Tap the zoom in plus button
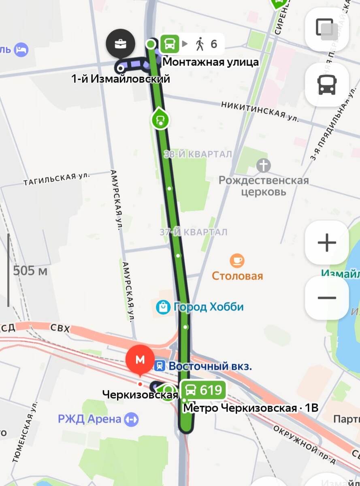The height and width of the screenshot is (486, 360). click(x=327, y=243)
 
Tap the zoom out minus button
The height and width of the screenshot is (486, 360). click(x=327, y=298)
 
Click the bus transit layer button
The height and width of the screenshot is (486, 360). click(x=327, y=85)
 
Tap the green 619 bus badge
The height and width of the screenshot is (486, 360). click(x=203, y=390)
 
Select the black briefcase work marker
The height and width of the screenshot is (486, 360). click(x=120, y=43)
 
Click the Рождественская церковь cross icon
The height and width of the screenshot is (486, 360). click(x=263, y=165)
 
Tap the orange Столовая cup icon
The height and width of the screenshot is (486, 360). click(x=237, y=261)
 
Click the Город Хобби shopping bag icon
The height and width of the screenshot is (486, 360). click(x=163, y=307)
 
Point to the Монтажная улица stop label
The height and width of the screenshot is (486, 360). click(x=210, y=62)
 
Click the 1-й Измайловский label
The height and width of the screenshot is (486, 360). click(x=120, y=79)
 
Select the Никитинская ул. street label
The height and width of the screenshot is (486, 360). click(x=260, y=111)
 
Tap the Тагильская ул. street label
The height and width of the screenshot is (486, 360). click(x=56, y=179)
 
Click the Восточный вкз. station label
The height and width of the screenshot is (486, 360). click(x=210, y=366)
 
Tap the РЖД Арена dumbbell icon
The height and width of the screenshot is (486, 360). click(x=132, y=419)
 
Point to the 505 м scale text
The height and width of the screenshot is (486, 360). click(x=30, y=271)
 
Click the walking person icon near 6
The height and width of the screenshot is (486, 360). click(x=199, y=44)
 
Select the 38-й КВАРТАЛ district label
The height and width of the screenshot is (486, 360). click(x=198, y=154)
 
